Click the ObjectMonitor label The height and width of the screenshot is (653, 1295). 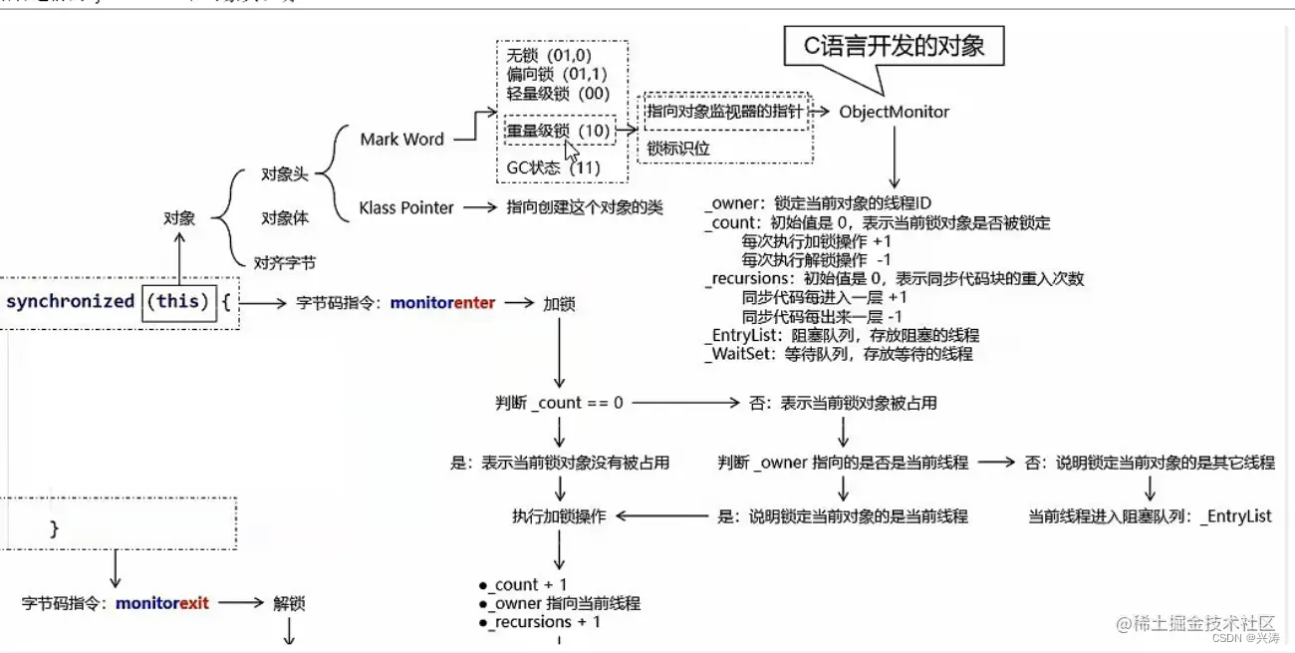[x=894, y=112]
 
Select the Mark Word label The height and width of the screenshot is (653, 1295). [x=401, y=140]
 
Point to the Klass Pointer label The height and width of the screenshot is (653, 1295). [x=406, y=207]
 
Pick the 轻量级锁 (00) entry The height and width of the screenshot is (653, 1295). [x=558, y=93]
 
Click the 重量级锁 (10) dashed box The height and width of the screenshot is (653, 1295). [x=557, y=131]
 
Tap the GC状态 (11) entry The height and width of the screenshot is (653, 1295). [x=553, y=167]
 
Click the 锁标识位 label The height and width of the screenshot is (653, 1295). [x=679, y=149]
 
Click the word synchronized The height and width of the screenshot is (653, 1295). [x=70, y=301]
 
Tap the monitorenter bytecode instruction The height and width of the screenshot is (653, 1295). [x=442, y=302]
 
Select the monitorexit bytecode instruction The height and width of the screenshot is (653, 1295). [x=162, y=603]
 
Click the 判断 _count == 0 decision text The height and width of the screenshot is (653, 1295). [x=559, y=403]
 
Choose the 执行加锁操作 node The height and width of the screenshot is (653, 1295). [x=558, y=516]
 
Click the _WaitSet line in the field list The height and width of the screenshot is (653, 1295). [x=837, y=353]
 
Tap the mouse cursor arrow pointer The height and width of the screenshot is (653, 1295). [x=572, y=151]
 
